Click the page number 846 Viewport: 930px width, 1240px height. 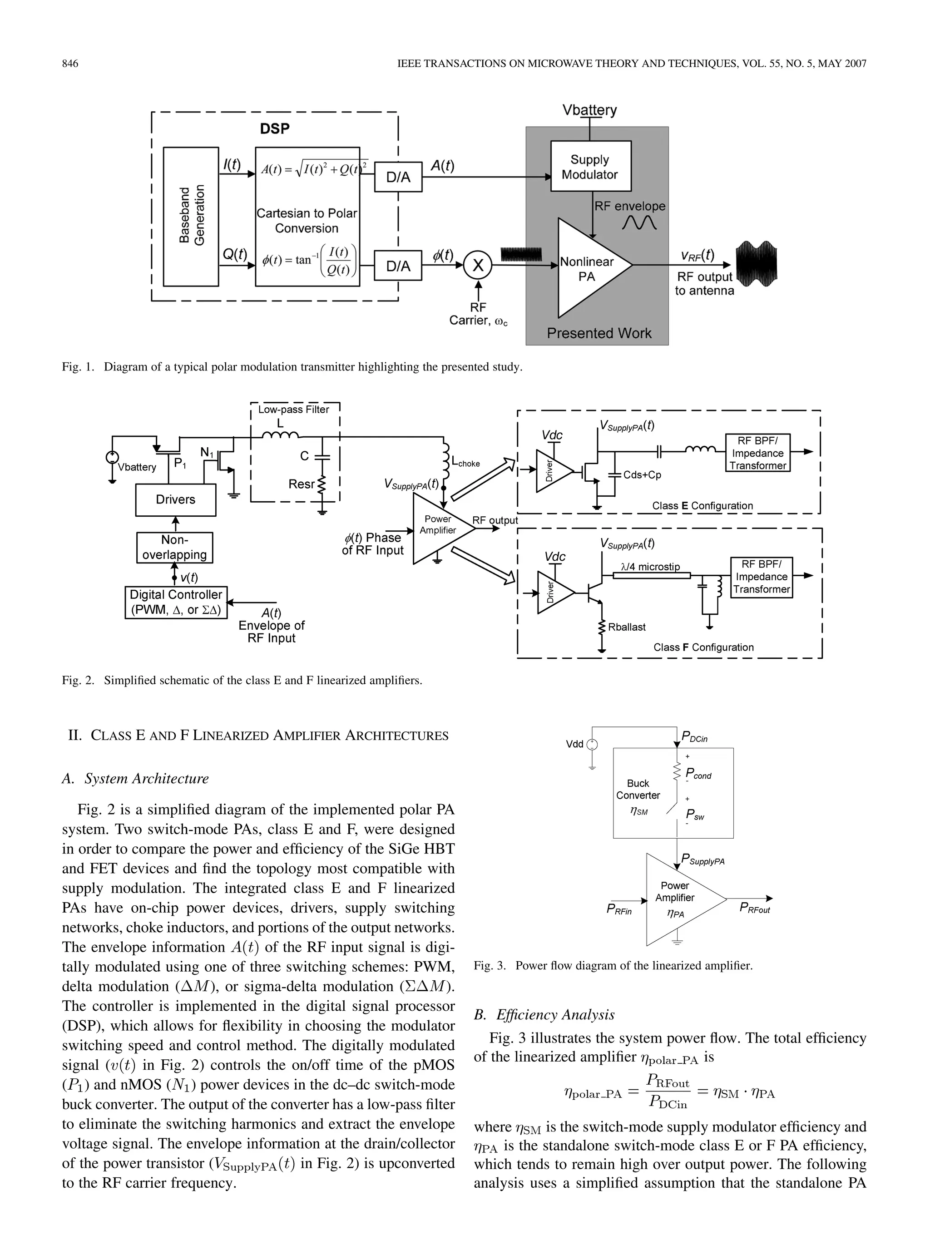click(x=70, y=64)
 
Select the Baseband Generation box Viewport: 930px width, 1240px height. click(x=191, y=217)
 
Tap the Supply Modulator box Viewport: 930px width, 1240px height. click(x=590, y=167)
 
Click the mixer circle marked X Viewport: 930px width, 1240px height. click(x=478, y=265)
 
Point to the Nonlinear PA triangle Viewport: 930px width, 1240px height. click(x=588, y=269)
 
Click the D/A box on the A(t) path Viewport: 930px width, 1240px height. click(x=398, y=177)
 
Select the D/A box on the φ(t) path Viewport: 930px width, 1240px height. click(x=398, y=266)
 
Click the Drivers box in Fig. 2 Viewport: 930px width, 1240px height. click(x=175, y=499)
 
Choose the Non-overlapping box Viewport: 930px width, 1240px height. click(x=175, y=547)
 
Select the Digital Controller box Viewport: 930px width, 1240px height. click(x=176, y=602)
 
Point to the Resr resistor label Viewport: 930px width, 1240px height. click(x=301, y=484)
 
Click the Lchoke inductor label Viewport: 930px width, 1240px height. click(x=466, y=463)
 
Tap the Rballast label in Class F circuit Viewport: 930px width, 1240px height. click(x=627, y=627)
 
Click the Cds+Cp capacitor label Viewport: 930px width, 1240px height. click(x=643, y=475)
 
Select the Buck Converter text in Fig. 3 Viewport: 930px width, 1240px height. click(x=638, y=789)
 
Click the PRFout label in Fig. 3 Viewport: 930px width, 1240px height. click(x=755, y=908)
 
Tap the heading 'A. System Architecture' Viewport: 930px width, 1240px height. click(x=135, y=778)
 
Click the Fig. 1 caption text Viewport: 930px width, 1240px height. click(x=292, y=367)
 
